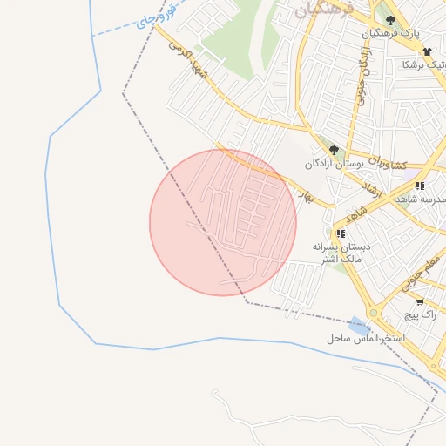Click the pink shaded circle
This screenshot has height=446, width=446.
(x=222, y=223)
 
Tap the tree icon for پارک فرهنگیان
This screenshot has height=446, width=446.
(x=390, y=20)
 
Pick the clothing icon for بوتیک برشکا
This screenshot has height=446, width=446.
(x=427, y=51)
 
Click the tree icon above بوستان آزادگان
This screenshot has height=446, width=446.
(x=334, y=151)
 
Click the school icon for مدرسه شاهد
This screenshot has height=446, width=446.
(x=420, y=186)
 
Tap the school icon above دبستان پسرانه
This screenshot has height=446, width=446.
(x=341, y=233)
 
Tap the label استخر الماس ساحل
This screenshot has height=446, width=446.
(x=363, y=337)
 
